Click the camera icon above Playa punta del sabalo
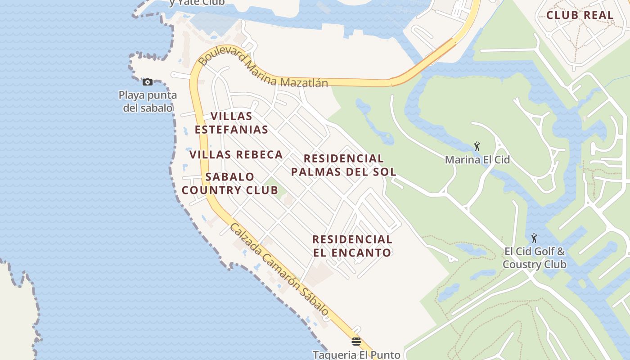point(147,82)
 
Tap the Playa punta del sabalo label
point(148,102)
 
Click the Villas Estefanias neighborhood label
point(231,123)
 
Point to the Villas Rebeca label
point(236,155)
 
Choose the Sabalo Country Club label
point(230,184)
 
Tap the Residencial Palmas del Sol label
point(344,165)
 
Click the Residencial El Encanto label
point(352,246)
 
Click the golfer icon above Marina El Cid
point(477,146)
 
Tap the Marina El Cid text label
point(477,160)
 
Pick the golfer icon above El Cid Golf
point(534,238)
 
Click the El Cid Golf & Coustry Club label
point(534,258)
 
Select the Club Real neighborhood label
point(580,15)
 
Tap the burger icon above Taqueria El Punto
point(356,342)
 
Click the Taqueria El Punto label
point(356,355)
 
